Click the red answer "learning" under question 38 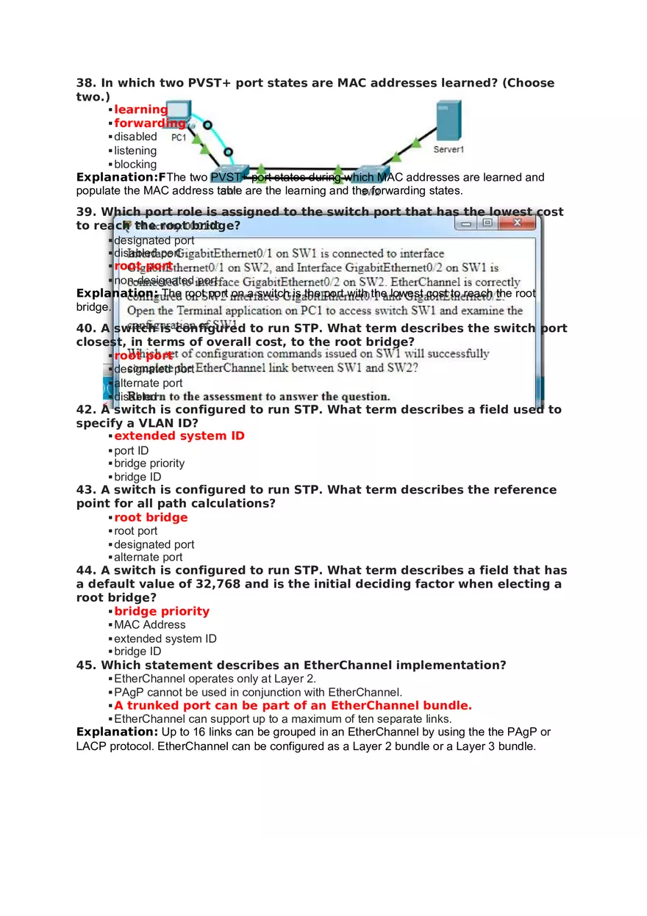pyautogui.click(x=140, y=109)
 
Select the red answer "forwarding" pyautogui.click(x=149, y=123)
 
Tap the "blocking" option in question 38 pyautogui.click(x=135, y=165)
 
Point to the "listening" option pyautogui.click(x=135, y=151)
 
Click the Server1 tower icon pyautogui.click(x=448, y=120)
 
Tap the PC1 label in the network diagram pyautogui.click(x=179, y=137)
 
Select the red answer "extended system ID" pyautogui.click(x=179, y=436)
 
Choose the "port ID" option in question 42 pyautogui.click(x=131, y=450)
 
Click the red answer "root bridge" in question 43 pyautogui.click(x=151, y=517)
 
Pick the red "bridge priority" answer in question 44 pyautogui.click(x=162, y=611)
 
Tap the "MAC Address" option pyautogui.click(x=150, y=625)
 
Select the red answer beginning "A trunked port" pyautogui.click(x=293, y=705)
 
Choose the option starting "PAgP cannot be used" pyautogui.click(x=258, y=692)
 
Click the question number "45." pyautogui.click(x=87, y=666)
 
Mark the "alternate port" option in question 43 pyautogui.click(x=148, y=558)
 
